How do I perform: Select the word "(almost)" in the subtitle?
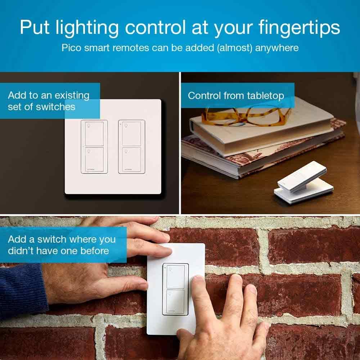click(235, 48)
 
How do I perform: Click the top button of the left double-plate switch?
click(94, 133)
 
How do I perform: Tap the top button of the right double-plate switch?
click(131, 133)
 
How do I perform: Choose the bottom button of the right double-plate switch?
click(131, 158)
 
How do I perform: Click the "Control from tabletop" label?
click(236, 95)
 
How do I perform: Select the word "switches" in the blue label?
click(56, 107)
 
